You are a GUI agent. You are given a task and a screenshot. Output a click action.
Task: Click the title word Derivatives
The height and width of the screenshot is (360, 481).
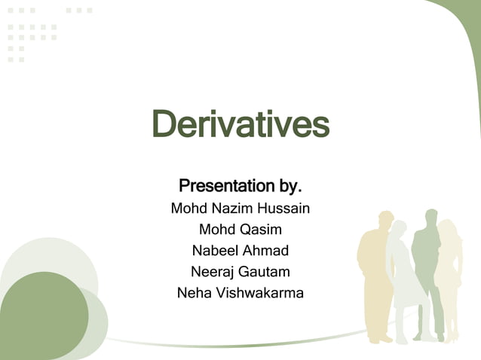[240, 124]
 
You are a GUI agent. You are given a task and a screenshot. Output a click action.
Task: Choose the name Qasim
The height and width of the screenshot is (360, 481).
[260, 229]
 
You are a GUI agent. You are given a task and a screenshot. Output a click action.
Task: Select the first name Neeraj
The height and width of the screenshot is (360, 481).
[215, 271]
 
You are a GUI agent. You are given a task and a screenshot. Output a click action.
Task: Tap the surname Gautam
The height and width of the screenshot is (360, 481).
[266, 271]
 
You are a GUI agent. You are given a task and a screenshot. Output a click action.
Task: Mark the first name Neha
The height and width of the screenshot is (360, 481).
[195, 292]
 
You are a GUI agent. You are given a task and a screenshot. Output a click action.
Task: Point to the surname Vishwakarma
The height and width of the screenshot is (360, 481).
[260, 292]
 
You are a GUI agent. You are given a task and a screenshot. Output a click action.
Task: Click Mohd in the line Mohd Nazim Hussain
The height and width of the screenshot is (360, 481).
[188, 207]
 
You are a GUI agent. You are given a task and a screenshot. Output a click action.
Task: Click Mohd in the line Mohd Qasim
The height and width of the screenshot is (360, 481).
[216, 229]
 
